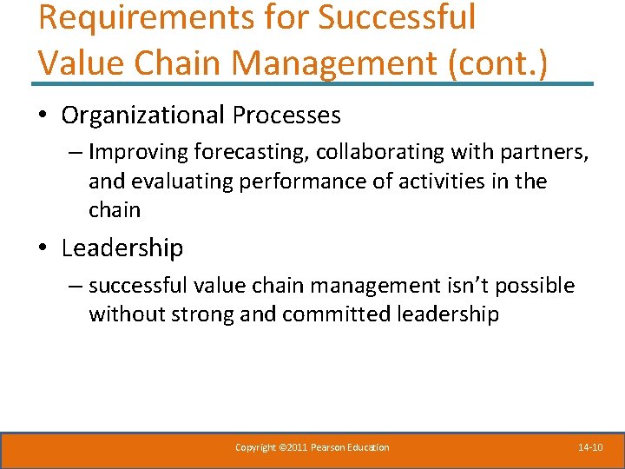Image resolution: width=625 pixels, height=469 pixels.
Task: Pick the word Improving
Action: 138,153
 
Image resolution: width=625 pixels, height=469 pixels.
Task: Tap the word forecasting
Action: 252,153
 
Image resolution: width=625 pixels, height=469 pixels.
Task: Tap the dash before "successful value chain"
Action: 76,286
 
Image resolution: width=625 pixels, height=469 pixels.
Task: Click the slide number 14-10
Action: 590,447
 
